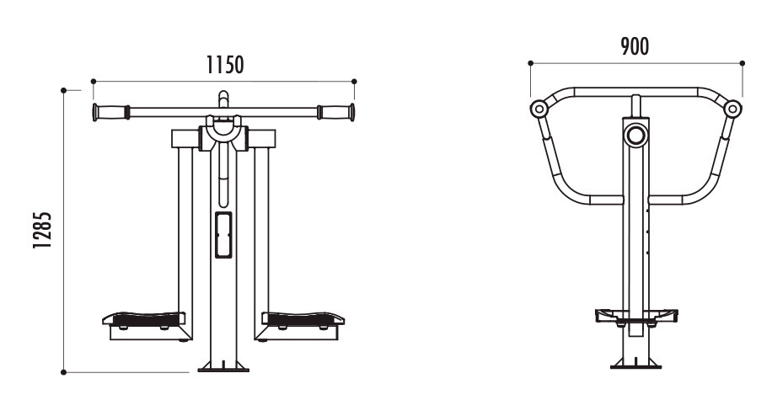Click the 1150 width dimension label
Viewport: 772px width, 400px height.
click(x=224, y=65)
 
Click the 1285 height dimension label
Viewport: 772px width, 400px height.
click(x=42, y=230)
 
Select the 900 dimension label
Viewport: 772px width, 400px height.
click(x=635, y=46)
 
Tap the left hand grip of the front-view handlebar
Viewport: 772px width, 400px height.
click(x=111, y=112)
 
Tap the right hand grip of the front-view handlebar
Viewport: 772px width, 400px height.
click(x=335, y=112)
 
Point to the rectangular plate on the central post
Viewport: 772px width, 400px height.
click(x=223, y=235)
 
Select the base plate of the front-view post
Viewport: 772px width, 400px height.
click(x=223, y=367)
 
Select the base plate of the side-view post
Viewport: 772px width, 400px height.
click(x=635, y=365)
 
